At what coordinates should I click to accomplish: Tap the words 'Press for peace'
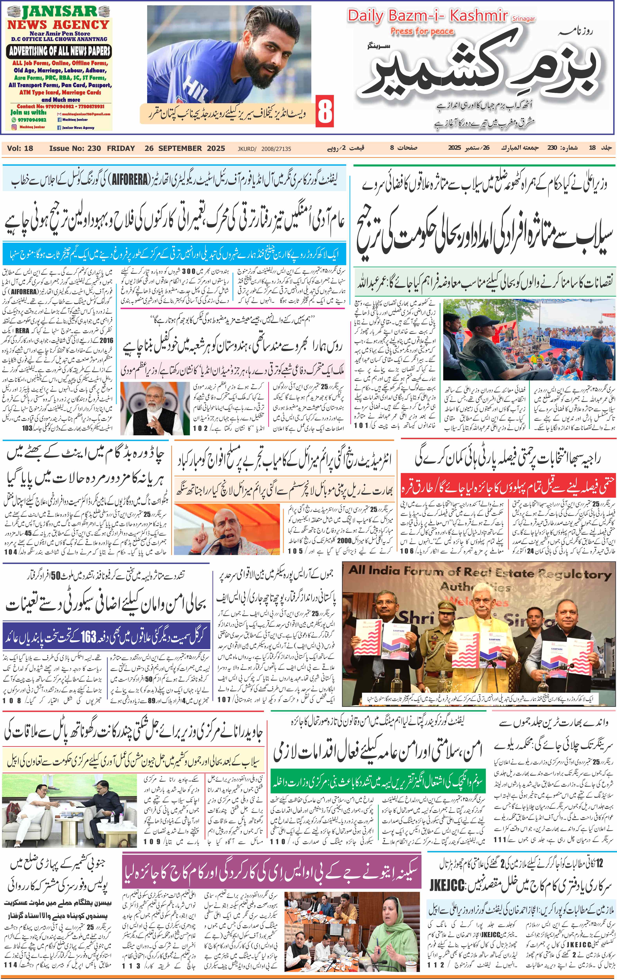[x=422, y=31]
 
